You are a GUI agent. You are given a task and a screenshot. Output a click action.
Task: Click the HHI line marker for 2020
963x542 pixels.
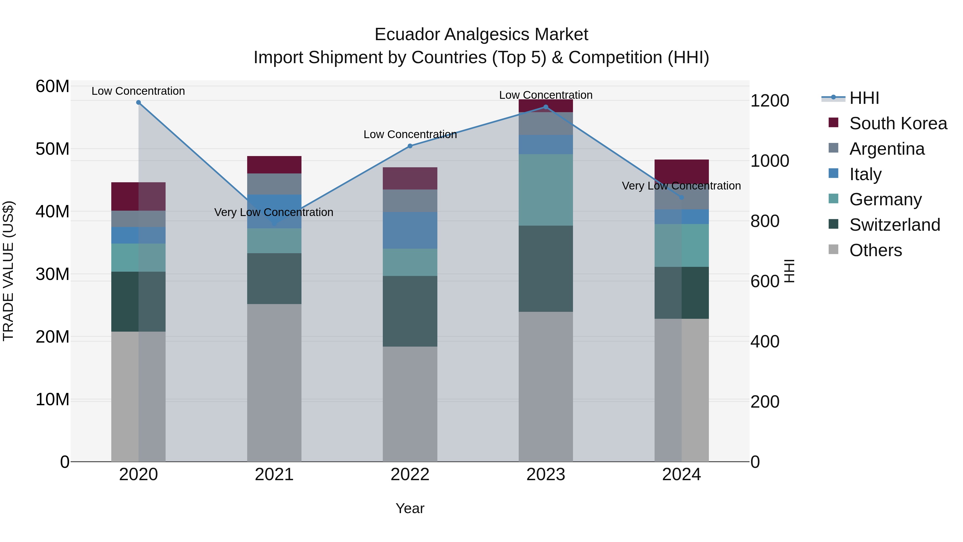pyautogui.click(x=138, y=103)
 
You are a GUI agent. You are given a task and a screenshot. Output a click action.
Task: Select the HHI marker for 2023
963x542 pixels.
pyautogui.click(x=545, y=107)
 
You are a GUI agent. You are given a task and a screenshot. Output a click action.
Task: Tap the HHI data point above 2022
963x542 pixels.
pyautogui.click(x=410, y=146)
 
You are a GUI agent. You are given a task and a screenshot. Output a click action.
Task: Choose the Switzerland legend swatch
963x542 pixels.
pyautogui.click(x=833, y=225)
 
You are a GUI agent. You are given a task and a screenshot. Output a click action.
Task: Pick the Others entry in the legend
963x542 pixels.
pyautogui.click(x=875, y=250)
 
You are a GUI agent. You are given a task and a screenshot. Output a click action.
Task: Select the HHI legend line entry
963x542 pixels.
pyautogui.click(x=834, y=98)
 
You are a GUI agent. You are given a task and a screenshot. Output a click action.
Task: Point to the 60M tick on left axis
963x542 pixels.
pyautogui.click(x=52, y=86)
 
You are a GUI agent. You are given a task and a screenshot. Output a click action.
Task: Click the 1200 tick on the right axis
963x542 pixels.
pyautogui.click(x=769, y=101)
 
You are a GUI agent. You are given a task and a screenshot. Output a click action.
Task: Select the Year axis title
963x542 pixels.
pyautogui.click(x=410, y=508)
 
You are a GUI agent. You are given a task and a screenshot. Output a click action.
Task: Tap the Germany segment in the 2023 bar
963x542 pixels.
pyautogui.click(x=545, y=190)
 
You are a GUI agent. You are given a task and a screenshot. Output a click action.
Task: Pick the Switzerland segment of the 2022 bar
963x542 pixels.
pyautogui.click(x=410, y=311)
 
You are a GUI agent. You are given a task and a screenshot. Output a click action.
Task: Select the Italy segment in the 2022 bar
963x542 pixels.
pyautogui.click(x=410, y=230)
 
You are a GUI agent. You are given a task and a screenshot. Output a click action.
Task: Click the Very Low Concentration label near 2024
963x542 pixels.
pyautogui.click(x=681, y=186)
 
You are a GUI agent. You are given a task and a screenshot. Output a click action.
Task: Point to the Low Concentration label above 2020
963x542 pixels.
pyautogui.click(x=138, y=91)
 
